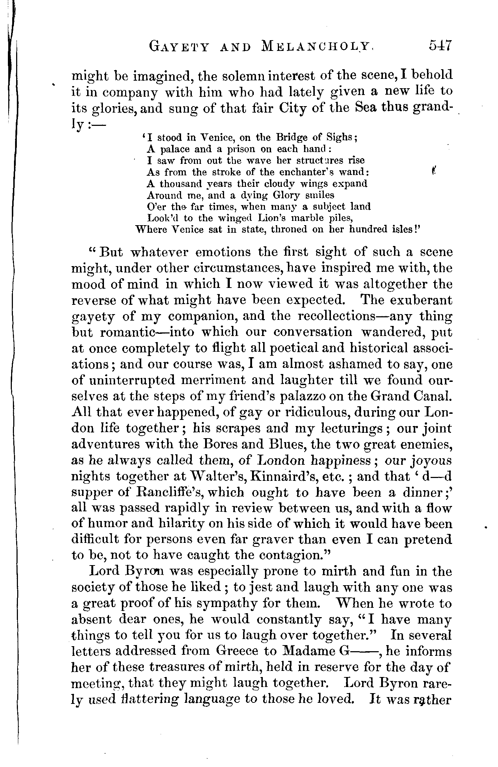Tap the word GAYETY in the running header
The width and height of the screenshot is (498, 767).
pyautogui.click(x=179, y=47)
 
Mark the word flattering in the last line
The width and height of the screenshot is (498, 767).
pyautogui.click(x=144, y=699)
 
